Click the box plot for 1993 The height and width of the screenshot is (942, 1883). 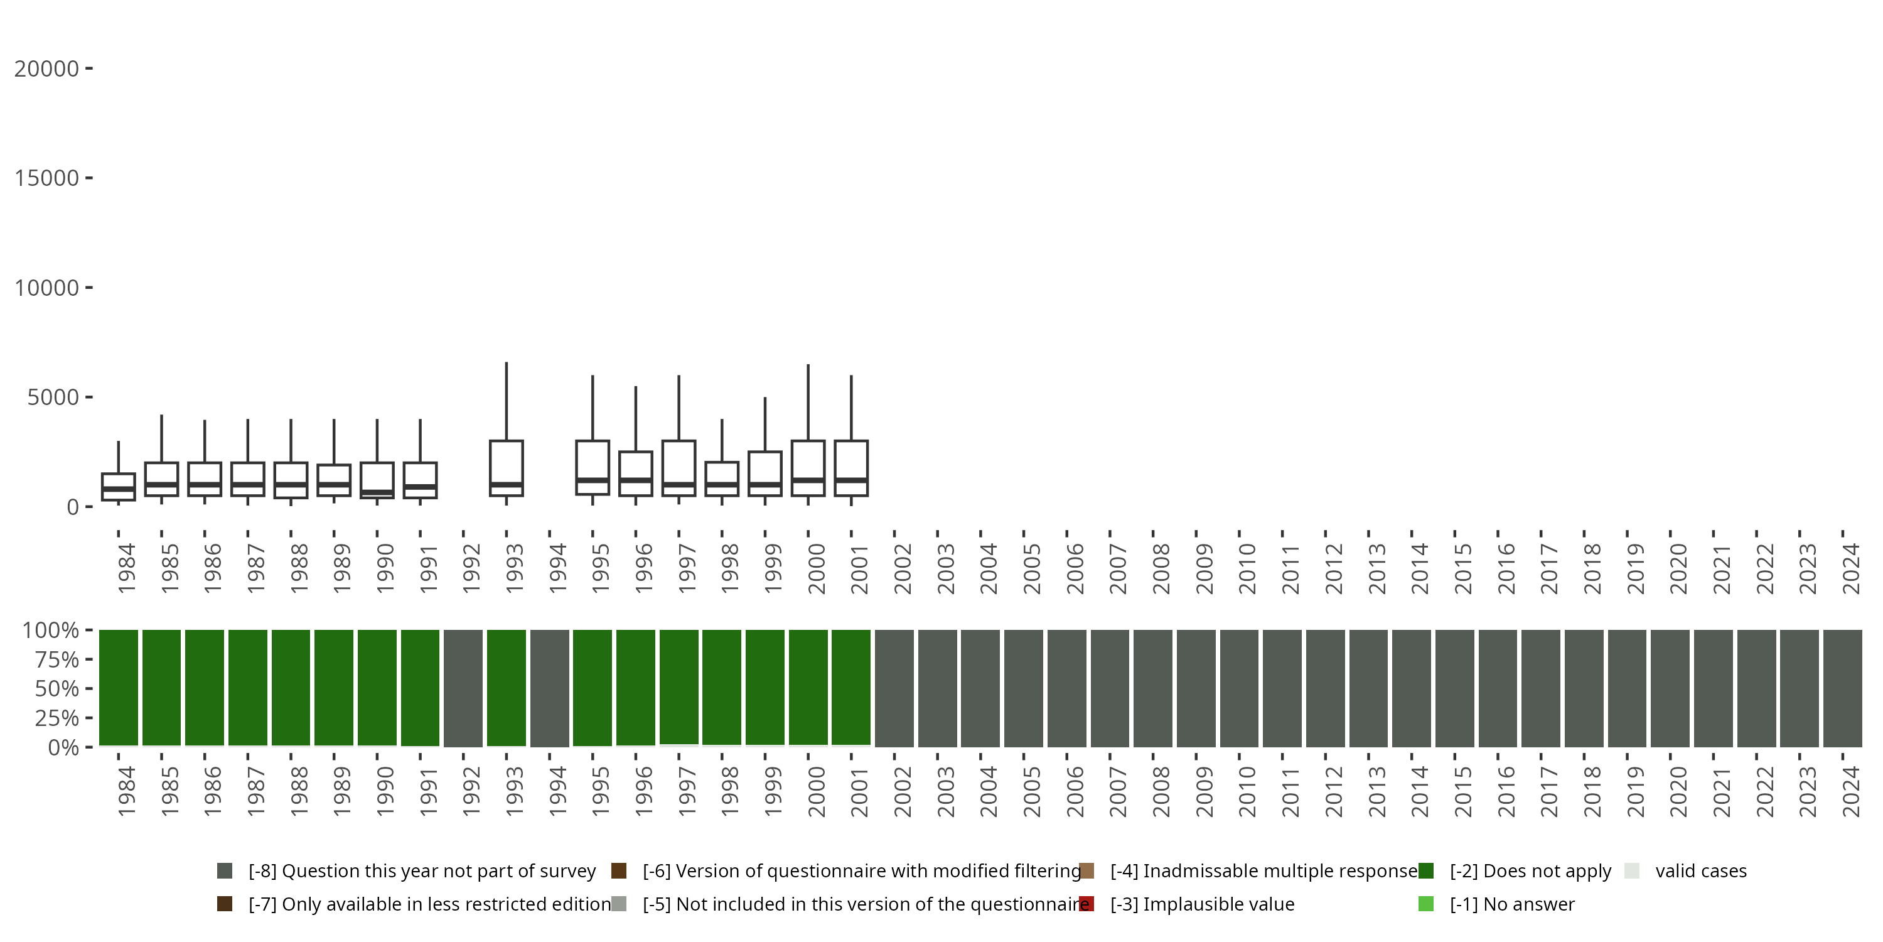point(507,468)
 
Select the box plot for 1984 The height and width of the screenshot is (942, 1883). point(119,487)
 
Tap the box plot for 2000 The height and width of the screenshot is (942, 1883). point(808,468)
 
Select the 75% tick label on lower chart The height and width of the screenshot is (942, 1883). point(56,659)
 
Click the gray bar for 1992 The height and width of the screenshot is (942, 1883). point(463,688)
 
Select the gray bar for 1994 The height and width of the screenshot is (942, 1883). point(550,688)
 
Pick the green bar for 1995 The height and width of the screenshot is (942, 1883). point(593,688)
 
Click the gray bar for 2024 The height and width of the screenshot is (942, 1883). point(1843,688)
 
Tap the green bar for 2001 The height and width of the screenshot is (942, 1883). point(852,688)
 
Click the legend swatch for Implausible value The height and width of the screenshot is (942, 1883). point(1087,904)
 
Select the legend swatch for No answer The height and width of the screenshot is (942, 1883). point(1426,904)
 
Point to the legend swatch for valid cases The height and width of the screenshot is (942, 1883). point(1631,871)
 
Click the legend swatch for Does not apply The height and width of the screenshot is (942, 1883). point(1426,871)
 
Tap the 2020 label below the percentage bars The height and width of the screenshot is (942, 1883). point(1678,792)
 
